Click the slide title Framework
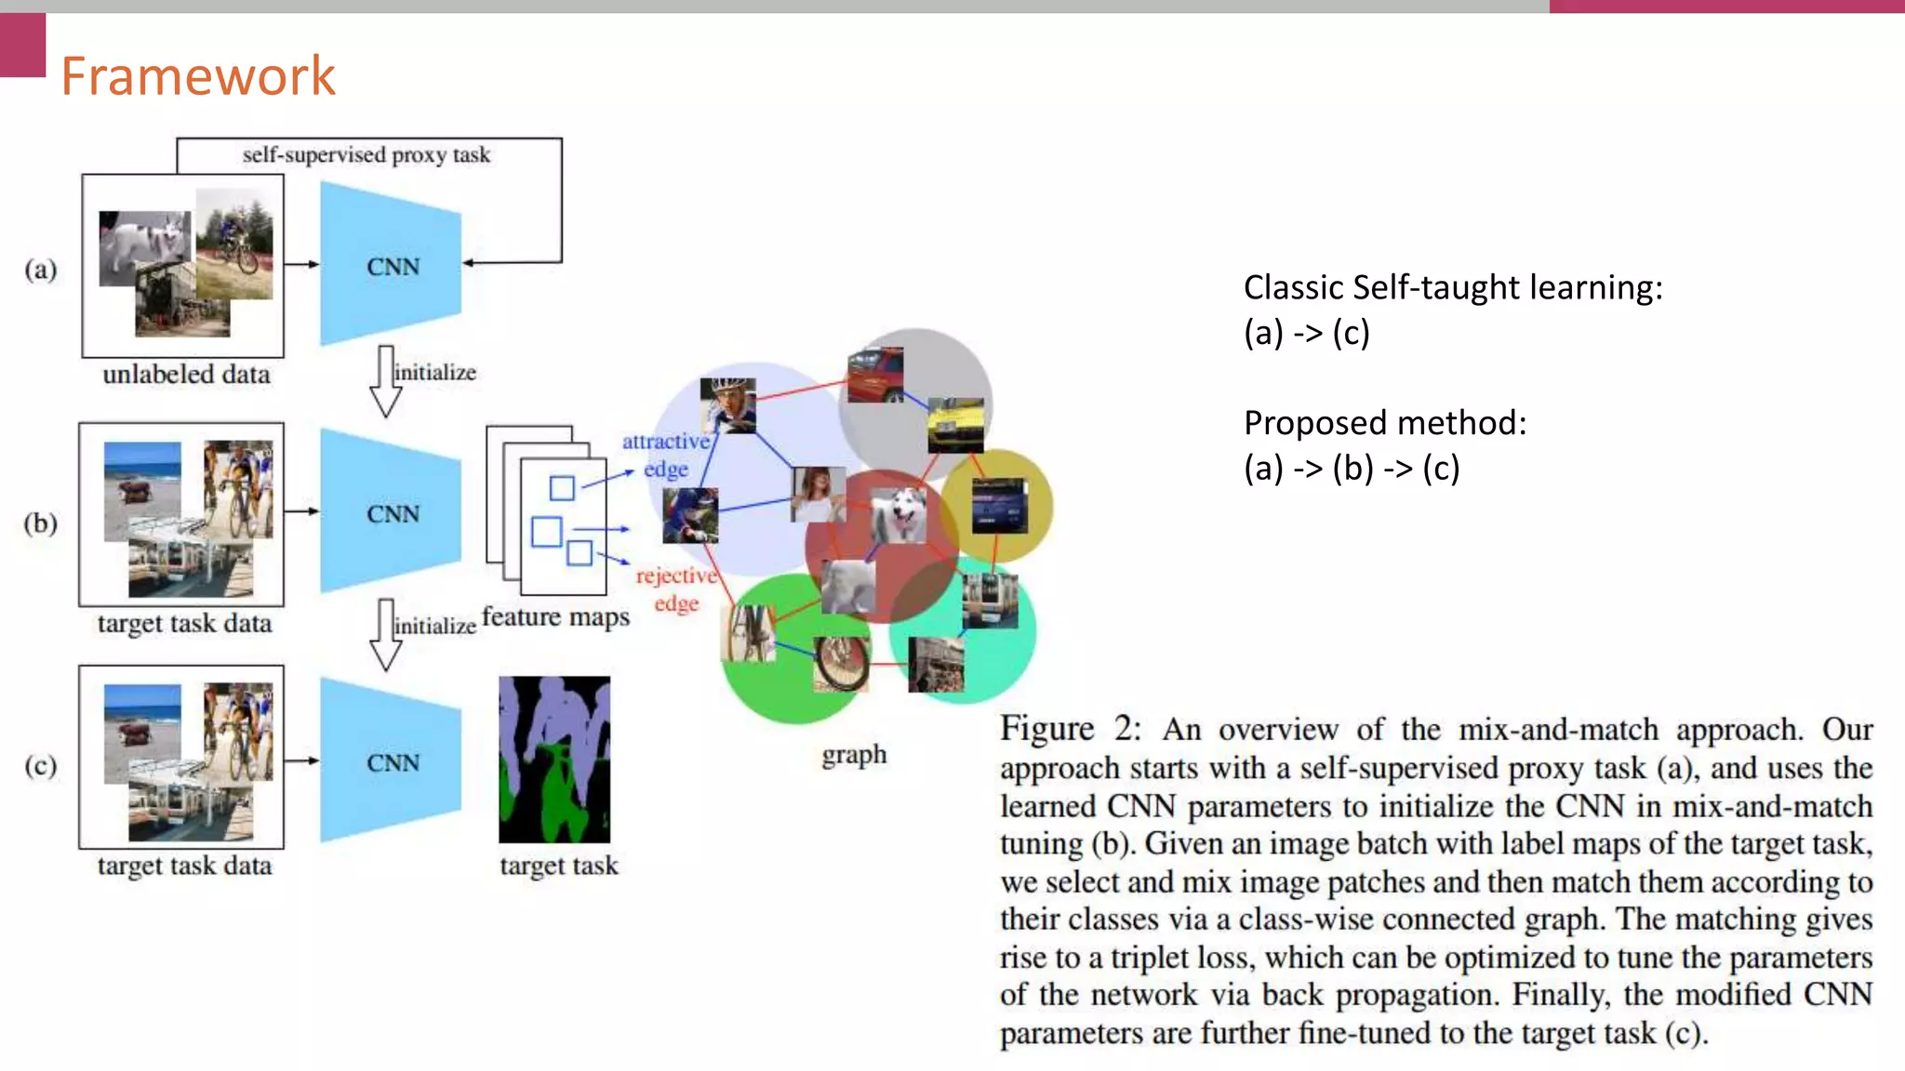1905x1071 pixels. pos(197,76)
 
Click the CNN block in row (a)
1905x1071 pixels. pos(392,267)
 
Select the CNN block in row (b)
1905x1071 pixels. pos(392,514)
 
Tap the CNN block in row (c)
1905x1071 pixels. pos(392,762)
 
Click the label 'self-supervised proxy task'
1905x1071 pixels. pos(366,155)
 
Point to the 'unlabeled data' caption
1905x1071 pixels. pos(186,375)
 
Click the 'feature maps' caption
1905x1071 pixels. pos(555,617)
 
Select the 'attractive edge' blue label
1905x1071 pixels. pos(665,455)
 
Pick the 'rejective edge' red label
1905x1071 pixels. pos(676,589)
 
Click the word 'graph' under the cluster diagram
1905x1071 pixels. pos(853,755)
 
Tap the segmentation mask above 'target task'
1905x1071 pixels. pos(554,759)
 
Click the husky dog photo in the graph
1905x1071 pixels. pos(899,515)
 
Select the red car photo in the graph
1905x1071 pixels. pos(875,375)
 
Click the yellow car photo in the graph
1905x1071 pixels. pos(955,425)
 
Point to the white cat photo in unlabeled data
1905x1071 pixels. pos(144,247)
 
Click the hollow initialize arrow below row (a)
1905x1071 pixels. pos(385,381)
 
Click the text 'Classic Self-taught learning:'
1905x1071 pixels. pos(1452,287)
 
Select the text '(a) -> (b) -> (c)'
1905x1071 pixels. pos(1351,468)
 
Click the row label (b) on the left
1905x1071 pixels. pos(41,522)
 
